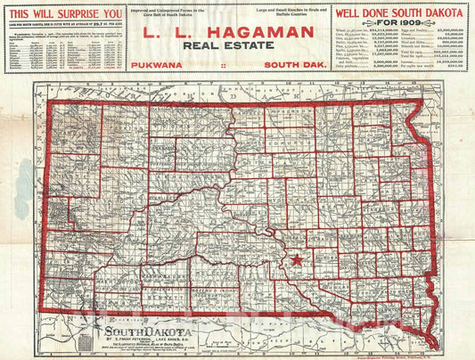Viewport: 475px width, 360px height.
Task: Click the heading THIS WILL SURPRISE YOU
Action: pyautogui.click(x=64, y=14)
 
